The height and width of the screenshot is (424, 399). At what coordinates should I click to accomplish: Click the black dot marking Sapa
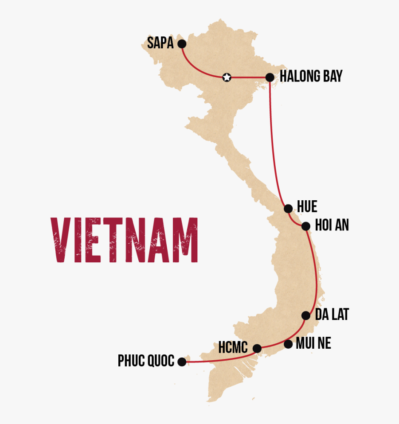click(181, 44)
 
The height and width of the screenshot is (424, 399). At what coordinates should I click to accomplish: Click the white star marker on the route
click(227, 78)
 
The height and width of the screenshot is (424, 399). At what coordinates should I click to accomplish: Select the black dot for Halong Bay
click(270, 78)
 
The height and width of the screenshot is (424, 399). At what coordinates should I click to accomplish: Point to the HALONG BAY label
click(311, 76)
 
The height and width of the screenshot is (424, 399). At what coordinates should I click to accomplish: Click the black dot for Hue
click(288, 208)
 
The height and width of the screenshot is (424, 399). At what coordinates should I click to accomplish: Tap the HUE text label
click(307, 207)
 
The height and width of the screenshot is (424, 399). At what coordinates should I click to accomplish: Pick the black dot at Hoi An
click(305, 226)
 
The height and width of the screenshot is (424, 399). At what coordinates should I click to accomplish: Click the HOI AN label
click(332, 225)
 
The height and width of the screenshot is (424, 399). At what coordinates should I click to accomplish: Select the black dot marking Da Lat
click(305, 315)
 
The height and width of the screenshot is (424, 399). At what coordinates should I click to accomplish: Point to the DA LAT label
click(332, 315)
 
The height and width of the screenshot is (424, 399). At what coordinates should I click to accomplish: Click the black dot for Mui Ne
click(288, 344)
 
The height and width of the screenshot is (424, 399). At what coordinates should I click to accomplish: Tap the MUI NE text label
click(314, 343)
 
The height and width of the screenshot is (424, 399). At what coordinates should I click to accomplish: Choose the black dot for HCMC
click(257, 349)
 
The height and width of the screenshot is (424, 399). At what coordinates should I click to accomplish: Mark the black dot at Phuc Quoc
click(181, 362)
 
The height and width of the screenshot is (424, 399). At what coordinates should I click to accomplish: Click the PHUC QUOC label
click(146, 361)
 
